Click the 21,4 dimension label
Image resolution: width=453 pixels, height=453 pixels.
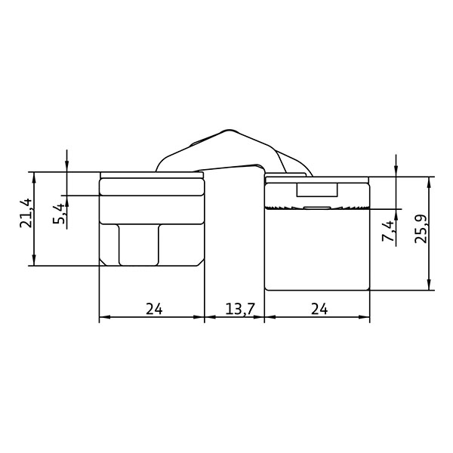tap(26, 213)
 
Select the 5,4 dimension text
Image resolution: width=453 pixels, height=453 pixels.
tap(59, 214)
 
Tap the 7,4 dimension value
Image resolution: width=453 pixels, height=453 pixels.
tap(388, 231)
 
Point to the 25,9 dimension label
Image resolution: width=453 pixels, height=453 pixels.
tap(421, 229)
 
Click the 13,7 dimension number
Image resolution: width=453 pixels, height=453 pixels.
tap(240, 309)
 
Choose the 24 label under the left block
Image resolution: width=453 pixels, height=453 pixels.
tap(154, 309)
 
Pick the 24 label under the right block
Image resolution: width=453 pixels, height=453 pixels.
tap(319, 309)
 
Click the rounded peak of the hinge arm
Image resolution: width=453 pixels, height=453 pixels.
tap(229, 131)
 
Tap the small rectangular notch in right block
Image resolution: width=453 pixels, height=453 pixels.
tap(317, 190)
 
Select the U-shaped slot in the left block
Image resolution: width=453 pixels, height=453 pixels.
tap(139, 245)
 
